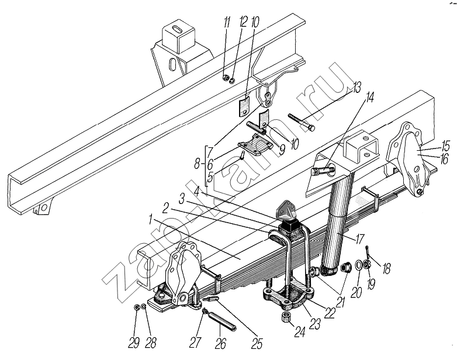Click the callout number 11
coord(227,24)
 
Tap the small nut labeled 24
coord(287,318)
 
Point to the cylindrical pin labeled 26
coord(220,322)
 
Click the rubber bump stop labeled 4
coord(288,224)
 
